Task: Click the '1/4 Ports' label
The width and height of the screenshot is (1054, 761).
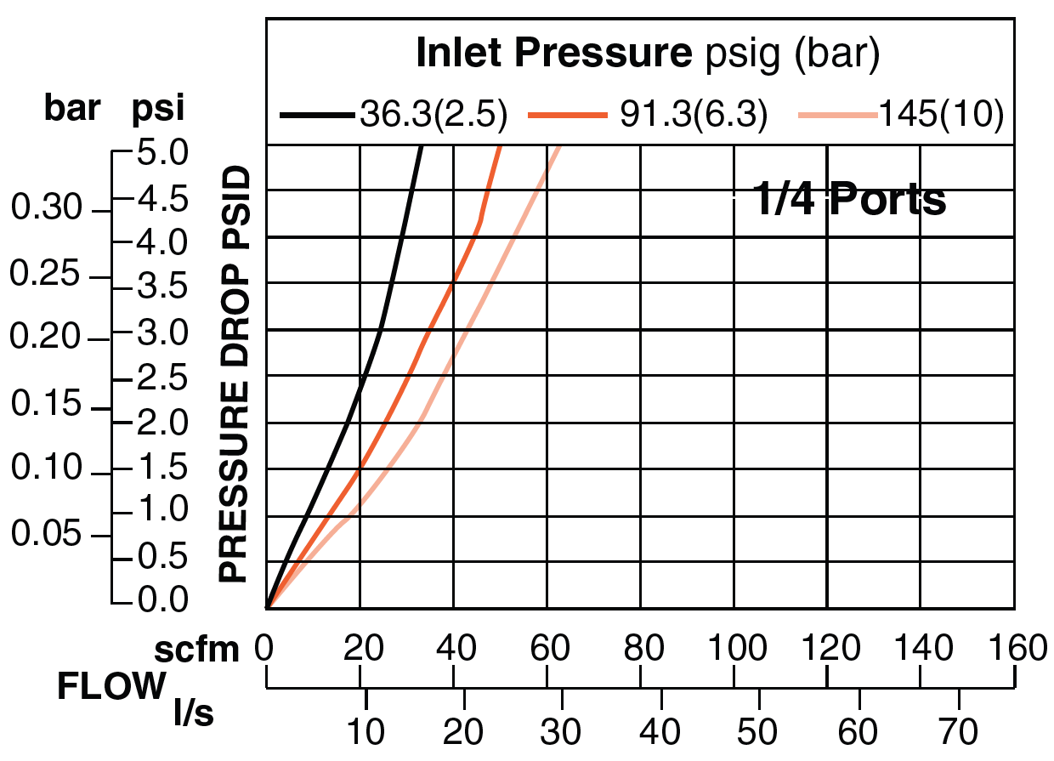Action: point(850,201)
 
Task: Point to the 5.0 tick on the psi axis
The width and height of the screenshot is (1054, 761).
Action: point(161,155)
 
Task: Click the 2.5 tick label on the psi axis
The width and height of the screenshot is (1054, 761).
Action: point(161,378)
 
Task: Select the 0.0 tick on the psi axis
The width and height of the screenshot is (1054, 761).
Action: point(161,601)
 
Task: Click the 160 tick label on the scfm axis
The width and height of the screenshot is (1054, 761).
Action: point(1014,649)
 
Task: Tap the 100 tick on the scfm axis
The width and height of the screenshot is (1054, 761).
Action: point(734,649)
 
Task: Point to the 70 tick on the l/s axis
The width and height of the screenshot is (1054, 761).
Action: point(959,731)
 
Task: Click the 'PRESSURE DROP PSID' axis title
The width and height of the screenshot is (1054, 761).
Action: point(234,374)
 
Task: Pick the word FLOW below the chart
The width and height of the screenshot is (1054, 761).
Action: point(110,685)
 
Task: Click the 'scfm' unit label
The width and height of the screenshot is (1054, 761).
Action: point(197,650)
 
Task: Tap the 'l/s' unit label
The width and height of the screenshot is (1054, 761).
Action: point(193,713)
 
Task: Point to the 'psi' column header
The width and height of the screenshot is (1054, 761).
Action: point(157,109)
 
